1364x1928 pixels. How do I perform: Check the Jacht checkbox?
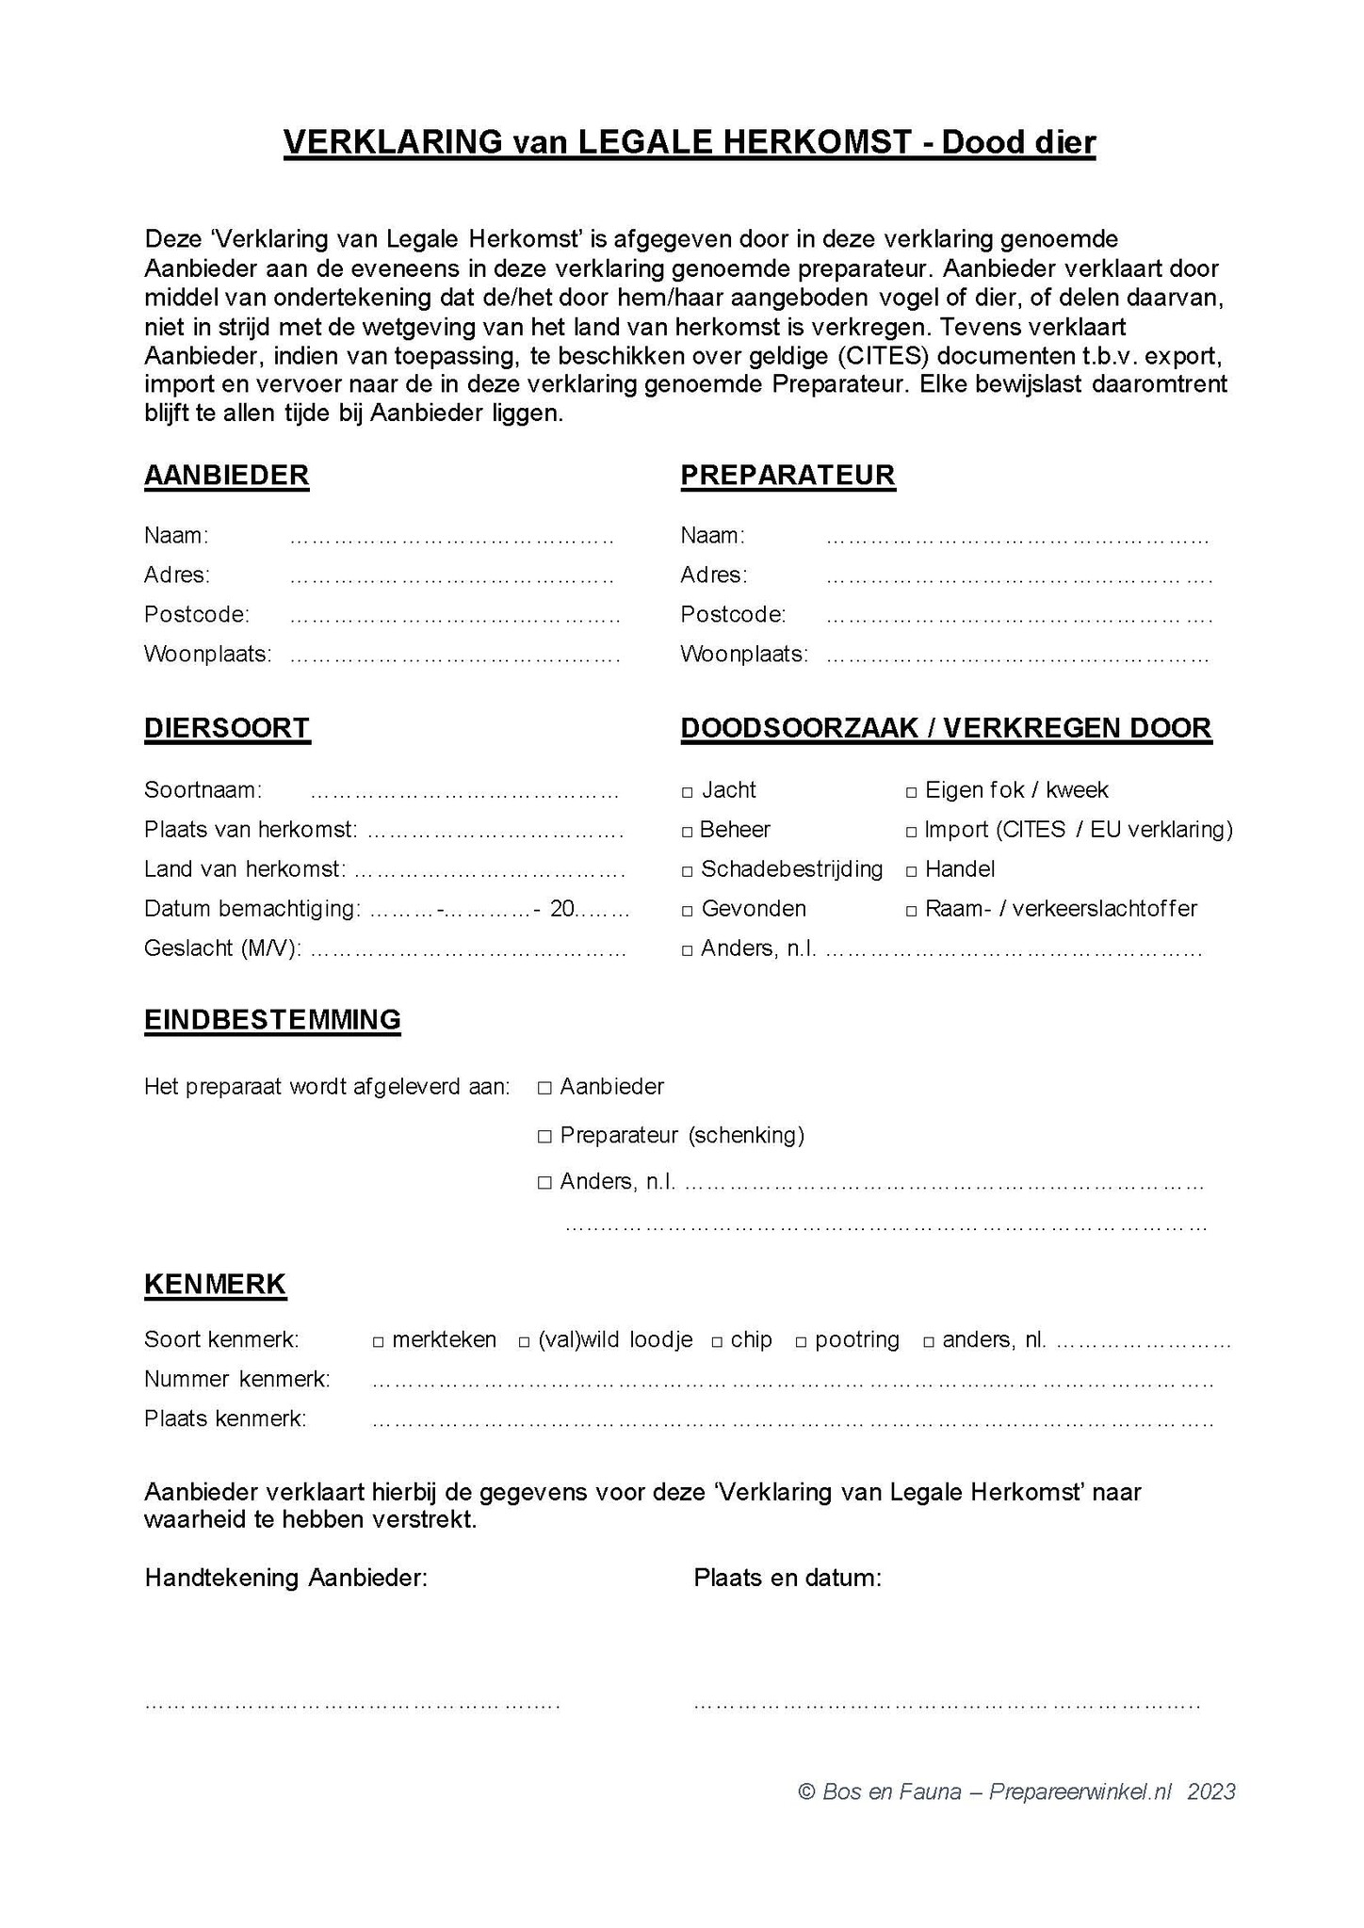point(688,792)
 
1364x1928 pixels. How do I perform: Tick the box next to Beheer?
point(688,832)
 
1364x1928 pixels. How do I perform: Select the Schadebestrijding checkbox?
point(688,871)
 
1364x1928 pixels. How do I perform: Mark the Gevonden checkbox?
point(688,911)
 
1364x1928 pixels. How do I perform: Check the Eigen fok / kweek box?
point(911,792)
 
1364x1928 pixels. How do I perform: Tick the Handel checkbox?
point(911,871)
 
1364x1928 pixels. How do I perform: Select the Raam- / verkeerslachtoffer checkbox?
point(911,911)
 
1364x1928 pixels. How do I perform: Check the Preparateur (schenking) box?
point(544,1137)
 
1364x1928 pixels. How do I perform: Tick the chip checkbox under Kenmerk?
point(717,1341)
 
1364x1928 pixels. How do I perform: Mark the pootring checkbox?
point(802,1341)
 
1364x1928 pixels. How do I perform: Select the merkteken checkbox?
point(378,1341)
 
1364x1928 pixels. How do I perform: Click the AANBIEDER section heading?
point(226,475)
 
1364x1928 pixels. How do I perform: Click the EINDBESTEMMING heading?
point(272,1019)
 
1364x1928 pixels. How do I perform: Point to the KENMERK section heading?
point(215,1284)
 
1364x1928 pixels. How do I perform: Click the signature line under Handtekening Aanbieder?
point(352,1704)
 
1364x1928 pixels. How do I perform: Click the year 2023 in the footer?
point(1211,1791)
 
